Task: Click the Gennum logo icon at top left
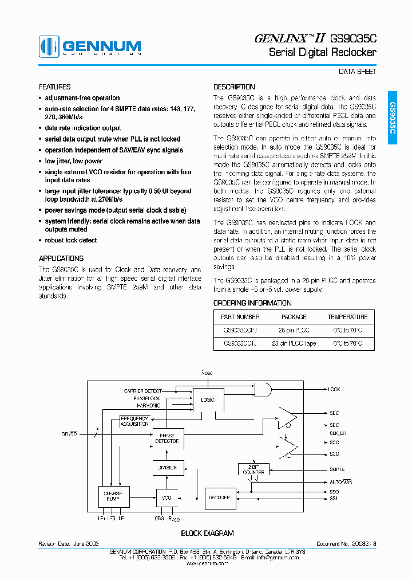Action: [x=49, y=46]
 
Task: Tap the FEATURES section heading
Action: [x=54, y=87]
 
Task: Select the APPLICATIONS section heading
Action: [x=61, y=258]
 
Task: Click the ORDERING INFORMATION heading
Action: [x=252, y=303]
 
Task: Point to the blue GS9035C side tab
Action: [x=393, y=118]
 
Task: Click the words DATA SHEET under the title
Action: [x=358, y=72]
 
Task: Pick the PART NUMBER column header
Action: [x=240, y=317]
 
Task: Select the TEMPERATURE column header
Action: [x=347, y=317]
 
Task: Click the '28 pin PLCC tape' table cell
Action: [x=294, y=343]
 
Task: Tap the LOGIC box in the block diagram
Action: [x=208, y=399]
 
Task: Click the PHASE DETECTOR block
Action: [x=167, y=438]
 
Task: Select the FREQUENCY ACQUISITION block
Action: [x=134, y=421]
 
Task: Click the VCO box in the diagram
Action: [x=167, y=497]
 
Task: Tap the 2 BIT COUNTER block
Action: [x=253, y=469]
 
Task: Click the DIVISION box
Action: [x=167, y=468]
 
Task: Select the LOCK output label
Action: [x=334, y=389]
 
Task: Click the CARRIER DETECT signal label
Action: [x=142, y=391]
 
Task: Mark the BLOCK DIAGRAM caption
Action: [x=207, y=533]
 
